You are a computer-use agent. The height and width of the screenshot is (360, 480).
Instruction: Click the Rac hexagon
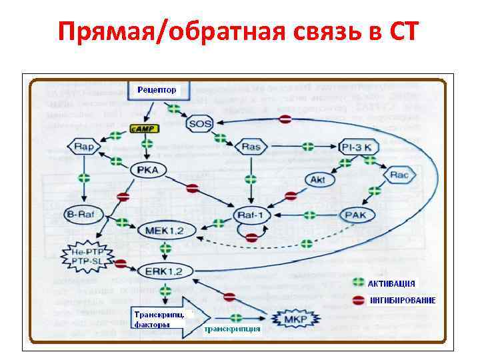tap(399, 175)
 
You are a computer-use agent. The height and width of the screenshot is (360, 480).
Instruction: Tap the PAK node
tap(357, 215)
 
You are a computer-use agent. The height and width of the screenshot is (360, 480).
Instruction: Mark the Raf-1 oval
tap(253, 215)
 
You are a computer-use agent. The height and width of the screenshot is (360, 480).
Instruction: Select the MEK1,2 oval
tap(161, 231)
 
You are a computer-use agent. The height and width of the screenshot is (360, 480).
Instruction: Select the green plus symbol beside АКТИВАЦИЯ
tap(359, 283)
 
